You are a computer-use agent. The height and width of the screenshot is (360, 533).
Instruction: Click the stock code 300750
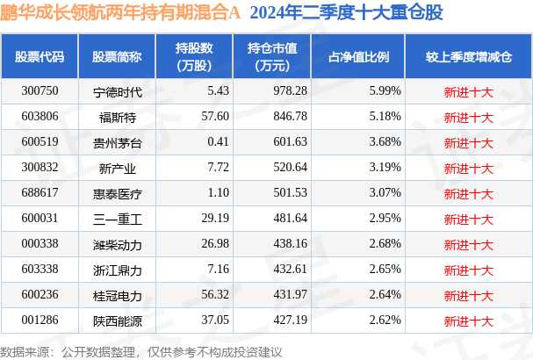(40, 91)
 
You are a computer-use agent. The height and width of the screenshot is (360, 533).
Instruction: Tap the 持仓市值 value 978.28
(264, 91)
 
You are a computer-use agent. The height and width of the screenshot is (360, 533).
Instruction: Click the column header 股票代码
(40, 56)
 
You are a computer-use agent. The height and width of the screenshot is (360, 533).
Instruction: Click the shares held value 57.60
(190, 117)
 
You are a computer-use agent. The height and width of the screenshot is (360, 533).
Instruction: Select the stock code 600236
(40, 295)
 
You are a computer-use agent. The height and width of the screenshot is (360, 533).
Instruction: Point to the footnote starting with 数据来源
(141, 349)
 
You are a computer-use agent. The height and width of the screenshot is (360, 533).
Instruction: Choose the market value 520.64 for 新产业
(264, 168)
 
